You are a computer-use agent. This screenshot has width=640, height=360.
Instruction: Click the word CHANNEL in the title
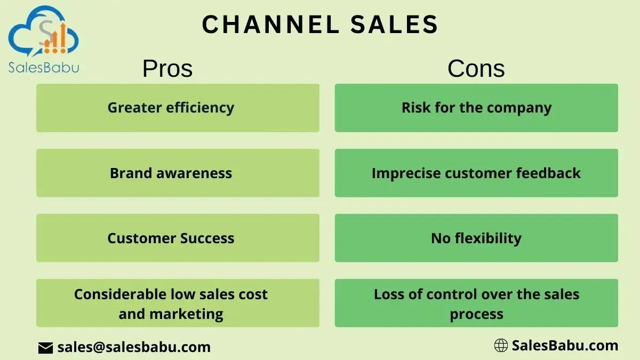coord(270,25)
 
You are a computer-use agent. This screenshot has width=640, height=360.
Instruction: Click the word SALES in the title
coord(394,25)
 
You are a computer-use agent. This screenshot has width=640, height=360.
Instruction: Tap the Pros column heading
coord(167,69)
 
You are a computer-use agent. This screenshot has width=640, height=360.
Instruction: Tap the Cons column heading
coord(476,69)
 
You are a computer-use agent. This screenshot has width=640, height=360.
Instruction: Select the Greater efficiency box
coord(178,108)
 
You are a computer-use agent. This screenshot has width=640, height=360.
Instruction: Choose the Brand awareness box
coord(178,173)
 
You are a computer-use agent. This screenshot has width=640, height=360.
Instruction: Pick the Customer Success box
coord(178,238)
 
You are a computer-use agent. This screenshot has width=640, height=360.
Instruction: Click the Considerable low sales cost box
coord(178,303)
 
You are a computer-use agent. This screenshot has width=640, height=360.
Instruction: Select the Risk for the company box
coord(477,108)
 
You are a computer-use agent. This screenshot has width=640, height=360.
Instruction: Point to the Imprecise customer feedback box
coord(477,173)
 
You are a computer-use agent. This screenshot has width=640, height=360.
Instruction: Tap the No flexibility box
coord(477,238)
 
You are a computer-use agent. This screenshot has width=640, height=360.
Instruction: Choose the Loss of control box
coord(477,303)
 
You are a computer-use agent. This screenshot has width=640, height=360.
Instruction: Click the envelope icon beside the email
coord(45,348)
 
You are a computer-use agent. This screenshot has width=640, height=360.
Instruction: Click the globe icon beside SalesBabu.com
coord(501,346)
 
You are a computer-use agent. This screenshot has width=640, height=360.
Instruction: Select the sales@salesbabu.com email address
coord(134,347)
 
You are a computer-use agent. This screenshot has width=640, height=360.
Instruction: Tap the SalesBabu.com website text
coord(565,346)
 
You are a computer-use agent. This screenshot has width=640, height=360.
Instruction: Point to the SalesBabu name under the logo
coord(44,68)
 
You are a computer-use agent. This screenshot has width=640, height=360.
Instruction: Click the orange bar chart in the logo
coord(55,39)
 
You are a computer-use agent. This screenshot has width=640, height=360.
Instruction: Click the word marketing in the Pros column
coord(186,314)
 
